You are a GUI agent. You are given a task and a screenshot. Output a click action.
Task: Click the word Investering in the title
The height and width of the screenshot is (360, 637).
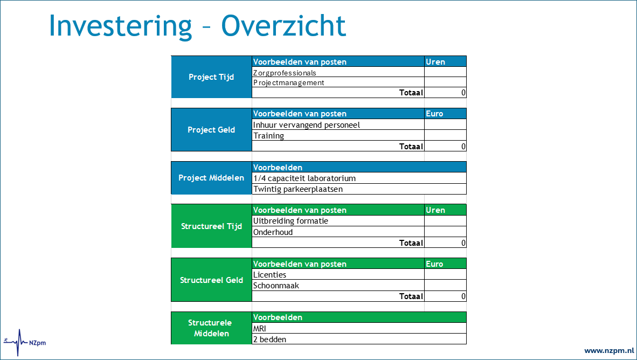pyautogui.click(x=120, y=25)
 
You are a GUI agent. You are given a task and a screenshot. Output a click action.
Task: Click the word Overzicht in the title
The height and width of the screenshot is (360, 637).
pyautogui.click(x=283, y=25)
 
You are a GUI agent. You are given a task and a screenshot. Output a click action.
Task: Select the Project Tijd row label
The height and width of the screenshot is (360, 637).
pyautogui.click(x=211, y=77)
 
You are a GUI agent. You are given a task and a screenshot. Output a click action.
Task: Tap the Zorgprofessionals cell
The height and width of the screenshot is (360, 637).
pyautogui.click(x=338, y=72)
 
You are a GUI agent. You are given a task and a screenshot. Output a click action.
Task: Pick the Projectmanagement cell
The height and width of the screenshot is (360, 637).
pyautogui.click(x=338, y=82)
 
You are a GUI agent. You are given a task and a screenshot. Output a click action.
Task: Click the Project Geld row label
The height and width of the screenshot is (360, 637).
pyautogui.click(x=211, y=130)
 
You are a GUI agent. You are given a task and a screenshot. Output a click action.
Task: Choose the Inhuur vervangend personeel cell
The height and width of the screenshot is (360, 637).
pyautogui.click(x=338, y=124)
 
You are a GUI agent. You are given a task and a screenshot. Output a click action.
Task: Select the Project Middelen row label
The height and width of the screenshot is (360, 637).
pyautogui.click(x=211, y=177)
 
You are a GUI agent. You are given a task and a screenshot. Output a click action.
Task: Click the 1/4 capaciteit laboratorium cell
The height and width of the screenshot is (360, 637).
pyautogui.click(x=359, y=178)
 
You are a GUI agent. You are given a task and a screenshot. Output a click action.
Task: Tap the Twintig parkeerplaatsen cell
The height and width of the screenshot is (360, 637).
pyautogui.click(x=359, y=189)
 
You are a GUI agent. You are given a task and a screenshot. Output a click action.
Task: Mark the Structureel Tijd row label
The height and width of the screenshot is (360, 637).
pyautogui.click(x=211, y=226)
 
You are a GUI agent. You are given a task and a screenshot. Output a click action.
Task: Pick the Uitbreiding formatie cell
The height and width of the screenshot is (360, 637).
pyautogui.click(x=338, y=221)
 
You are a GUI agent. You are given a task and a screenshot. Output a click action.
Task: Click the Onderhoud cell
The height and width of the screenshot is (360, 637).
pyautogui.click(x=338, y=232)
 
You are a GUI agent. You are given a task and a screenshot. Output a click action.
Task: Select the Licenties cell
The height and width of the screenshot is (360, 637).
pyautogui.click(x=338, y=275)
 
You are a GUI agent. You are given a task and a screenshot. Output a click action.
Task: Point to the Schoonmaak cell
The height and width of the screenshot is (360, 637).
pyautogui.click(x=338, y=286)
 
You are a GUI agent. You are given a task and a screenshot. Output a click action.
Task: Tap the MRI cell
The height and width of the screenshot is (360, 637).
pyautogui.click(x=359, y=328)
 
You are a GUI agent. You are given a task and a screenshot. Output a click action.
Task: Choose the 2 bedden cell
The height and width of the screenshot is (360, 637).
pyautogui.click(x=359, y=340)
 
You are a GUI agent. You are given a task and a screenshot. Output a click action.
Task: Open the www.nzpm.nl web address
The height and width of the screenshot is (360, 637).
pyautogui.click(x=609, y=350)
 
